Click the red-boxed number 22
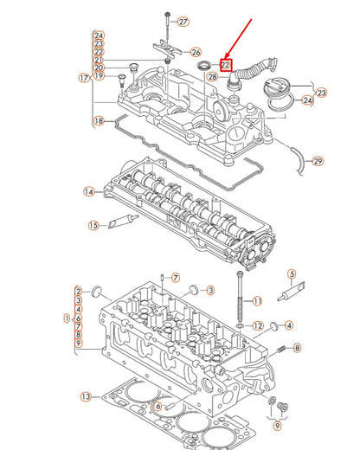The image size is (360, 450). [225, 63]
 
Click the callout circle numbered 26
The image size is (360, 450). [196, 53]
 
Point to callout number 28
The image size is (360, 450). [213, 78]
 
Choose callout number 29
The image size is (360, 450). [318, 162]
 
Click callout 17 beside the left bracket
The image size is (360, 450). [83, 78]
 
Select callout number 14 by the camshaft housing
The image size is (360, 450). [88, 191]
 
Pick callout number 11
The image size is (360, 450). [256, 301]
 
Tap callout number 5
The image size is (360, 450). [292, 273]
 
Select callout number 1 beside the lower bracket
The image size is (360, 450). [66, 318]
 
